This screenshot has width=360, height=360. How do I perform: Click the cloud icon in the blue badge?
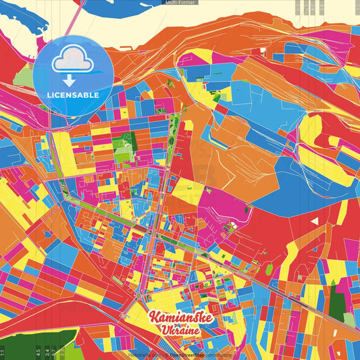[x=73, y=59]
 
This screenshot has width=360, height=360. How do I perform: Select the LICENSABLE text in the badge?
[x=73, y=95]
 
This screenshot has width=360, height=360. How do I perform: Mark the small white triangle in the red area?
[x=313, y=220]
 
